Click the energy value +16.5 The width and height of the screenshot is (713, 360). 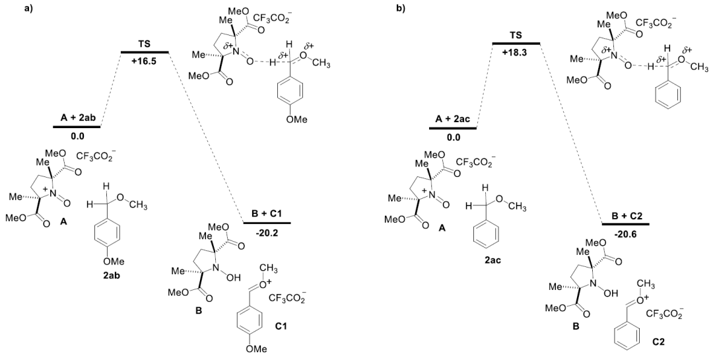pos(144,62)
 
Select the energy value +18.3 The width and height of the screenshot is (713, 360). pos(516,53)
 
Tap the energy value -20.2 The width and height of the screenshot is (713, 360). pos(267,233)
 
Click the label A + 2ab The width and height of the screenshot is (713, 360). pos(77,118)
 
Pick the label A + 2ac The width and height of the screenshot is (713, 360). pos(452,120)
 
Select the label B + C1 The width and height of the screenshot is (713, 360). pos(267,214)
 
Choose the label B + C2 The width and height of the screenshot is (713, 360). pos(625,215)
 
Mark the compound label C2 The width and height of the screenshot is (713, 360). pos(658,340)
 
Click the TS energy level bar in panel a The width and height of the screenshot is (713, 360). pos(145,52)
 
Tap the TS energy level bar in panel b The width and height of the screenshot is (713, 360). pos(516,43)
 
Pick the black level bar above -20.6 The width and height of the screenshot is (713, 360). pos(625,224)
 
